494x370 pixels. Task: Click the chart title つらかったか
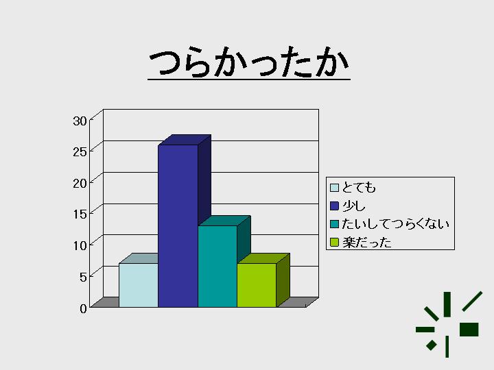click(x=249, y=62)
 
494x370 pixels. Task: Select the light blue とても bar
click(x=139, y=285)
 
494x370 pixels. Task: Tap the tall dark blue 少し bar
click(x=178, y=226)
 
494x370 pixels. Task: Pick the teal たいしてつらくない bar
click(x=217, y=266)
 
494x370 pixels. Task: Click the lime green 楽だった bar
click(x=257, y=285)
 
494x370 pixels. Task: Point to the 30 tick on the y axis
click(x=80, y=121)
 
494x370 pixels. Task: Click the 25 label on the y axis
click(x=80, y=152)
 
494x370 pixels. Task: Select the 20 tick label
click(x=80, y=183)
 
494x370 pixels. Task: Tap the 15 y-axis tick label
click(x=80, y=214)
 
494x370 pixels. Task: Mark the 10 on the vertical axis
click(x=80, y=245)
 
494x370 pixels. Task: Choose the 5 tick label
click(x=83, y=277)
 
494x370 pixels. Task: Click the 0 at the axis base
click(x=83, y=308)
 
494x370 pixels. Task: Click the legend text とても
click(x=359, y=188)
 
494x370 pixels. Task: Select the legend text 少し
click(x=354, y=206)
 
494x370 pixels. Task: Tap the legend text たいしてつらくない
click(x=395, y=224)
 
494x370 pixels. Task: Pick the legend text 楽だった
click(x=367, y=243)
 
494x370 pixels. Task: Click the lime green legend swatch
click(x=334, y=243)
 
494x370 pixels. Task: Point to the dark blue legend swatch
click(x=334, y=206)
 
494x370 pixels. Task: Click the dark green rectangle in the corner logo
click(x=469, y=330)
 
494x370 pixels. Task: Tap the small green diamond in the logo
click(x=432, y=345)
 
